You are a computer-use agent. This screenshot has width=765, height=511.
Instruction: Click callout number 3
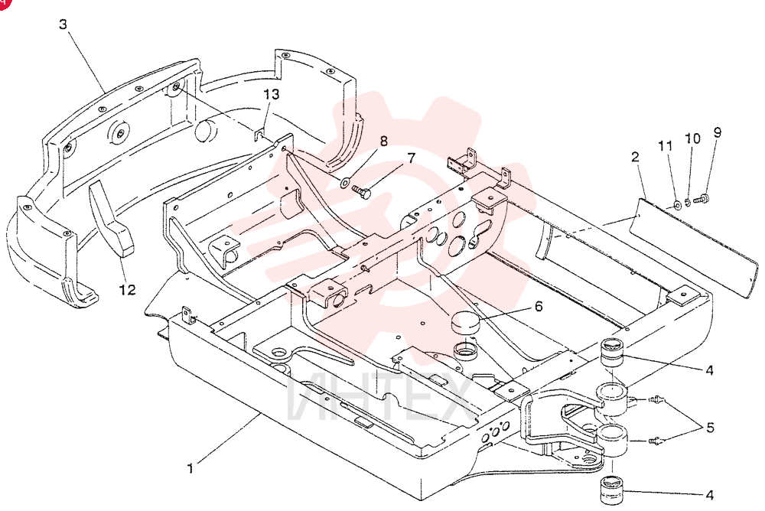[x=63, y=24]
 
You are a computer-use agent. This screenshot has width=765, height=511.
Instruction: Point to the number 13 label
[x=272, y=93]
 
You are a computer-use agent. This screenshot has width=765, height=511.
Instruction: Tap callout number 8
[x=383, y=141]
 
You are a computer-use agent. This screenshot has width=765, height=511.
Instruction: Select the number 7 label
[x=411, y=158]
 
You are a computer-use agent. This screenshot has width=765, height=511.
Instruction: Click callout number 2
[x=635, y=157]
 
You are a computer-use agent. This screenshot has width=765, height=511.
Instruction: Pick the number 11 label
[x=666, y=146]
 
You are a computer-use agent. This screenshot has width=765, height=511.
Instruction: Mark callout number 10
[x=692, y=138]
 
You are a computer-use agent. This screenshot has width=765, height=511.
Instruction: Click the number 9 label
[x=717, y=132]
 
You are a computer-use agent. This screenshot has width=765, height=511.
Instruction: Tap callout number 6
[x=538, y=307]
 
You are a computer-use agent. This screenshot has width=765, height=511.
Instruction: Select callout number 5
[x=710, y=428]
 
